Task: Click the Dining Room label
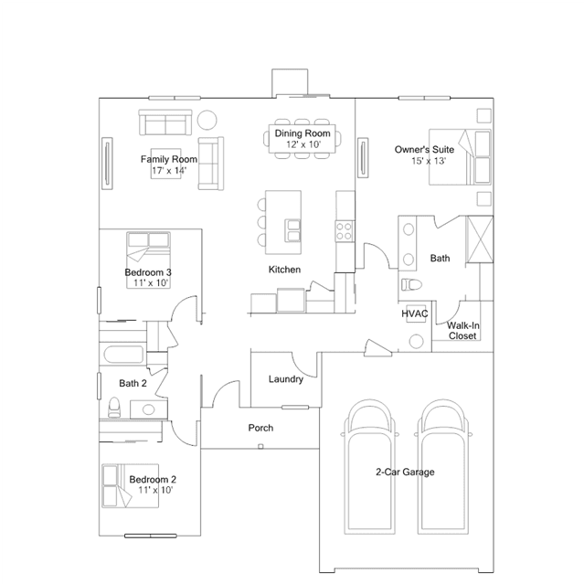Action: point(303,133)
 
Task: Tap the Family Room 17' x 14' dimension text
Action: point(169,171)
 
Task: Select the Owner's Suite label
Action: point(424,149)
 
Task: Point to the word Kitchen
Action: point(284,270)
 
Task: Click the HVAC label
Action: point(415,314)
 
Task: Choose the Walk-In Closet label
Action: point(462,330)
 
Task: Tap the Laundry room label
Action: point(286,379)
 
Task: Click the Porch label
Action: point(260,428)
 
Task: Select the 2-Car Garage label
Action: point(405,472)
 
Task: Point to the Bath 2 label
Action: point(133,383)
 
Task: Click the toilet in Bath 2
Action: point(114,407)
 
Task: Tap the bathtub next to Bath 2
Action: point(123,355)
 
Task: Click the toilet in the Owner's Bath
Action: point(411,285)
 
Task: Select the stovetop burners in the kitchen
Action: point(345,231)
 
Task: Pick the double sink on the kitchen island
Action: point(292,231)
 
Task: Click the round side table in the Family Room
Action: point(207,120)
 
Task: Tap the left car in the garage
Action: point(369,467)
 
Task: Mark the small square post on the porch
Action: point(260,447)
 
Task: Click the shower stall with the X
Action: point(480,239)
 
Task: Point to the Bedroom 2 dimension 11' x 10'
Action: point(155,490)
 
